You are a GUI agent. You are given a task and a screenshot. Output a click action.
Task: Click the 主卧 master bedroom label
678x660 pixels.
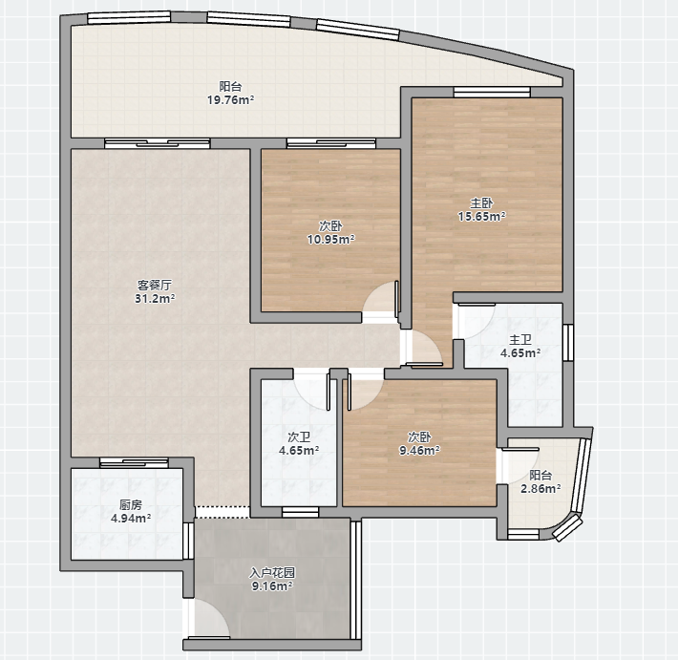[x=481, y=202]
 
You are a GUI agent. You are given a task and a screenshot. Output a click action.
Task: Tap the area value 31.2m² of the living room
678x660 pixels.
[x=155, y=298]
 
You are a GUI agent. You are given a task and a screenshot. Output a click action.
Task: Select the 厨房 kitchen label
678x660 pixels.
[x=131, y=504]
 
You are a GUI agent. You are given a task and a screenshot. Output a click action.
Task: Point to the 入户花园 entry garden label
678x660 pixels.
[x=272, y=573]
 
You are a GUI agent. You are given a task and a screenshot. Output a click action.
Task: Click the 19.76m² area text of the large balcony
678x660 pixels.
[x=230, y=100]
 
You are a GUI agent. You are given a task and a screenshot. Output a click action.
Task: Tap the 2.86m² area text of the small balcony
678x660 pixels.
[x=540, y=489]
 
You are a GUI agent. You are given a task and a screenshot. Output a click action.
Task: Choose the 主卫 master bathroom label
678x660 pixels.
[x=520, y=340]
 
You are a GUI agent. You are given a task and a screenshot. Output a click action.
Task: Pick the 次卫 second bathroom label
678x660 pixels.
[x=299, y=437]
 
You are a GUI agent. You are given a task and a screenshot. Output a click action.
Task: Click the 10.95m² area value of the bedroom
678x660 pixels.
[x=331, y=239]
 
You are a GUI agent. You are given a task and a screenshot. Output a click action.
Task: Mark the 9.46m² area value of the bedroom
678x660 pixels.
[x=419, y=450]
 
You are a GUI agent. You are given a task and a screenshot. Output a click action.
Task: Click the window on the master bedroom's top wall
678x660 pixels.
[x=492, y=92]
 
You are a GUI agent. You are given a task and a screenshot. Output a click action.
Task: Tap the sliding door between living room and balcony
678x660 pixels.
[x=157, y=143]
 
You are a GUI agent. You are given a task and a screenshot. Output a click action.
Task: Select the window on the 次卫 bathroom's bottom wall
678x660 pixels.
[x=300, y=512]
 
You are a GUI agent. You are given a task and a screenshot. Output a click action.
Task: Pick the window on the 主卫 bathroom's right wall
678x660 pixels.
[x=568, y=343]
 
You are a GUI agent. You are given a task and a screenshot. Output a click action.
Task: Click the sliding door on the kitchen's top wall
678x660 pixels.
[x=134, y=462]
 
